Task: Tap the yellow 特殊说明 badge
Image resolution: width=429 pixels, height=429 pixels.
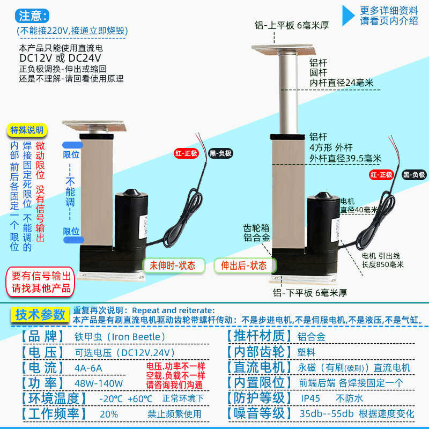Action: point(28,130)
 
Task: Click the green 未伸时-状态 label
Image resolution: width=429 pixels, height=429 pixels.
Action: point(173,265)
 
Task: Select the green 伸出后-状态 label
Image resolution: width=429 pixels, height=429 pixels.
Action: point(244,265)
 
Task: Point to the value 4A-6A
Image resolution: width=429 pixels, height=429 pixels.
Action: point(88,368)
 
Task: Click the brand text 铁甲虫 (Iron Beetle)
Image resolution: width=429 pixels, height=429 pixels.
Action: point(120,337)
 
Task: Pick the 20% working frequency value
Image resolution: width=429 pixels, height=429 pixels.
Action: point(109,413)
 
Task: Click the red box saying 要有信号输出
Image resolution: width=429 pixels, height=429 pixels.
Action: point(41,282)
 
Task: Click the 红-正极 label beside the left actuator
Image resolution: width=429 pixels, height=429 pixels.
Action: point(186,153)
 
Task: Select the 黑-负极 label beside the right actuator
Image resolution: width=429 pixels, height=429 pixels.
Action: point(414,175)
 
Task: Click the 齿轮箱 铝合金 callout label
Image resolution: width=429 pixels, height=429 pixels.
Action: point(256,232)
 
